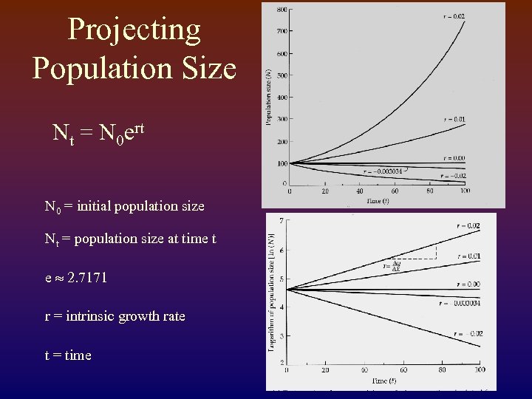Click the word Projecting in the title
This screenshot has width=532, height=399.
click(x=134, y=30)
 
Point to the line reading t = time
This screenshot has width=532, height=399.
click(x=68, y=355)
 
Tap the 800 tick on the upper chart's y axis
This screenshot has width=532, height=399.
click(x=282, y=10)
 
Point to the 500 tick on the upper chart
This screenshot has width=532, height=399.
click(x=282, y=75)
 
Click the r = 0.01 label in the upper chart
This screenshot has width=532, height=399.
click(x=454, y=118)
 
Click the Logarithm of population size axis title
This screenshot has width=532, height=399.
click(x=273, y=299)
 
